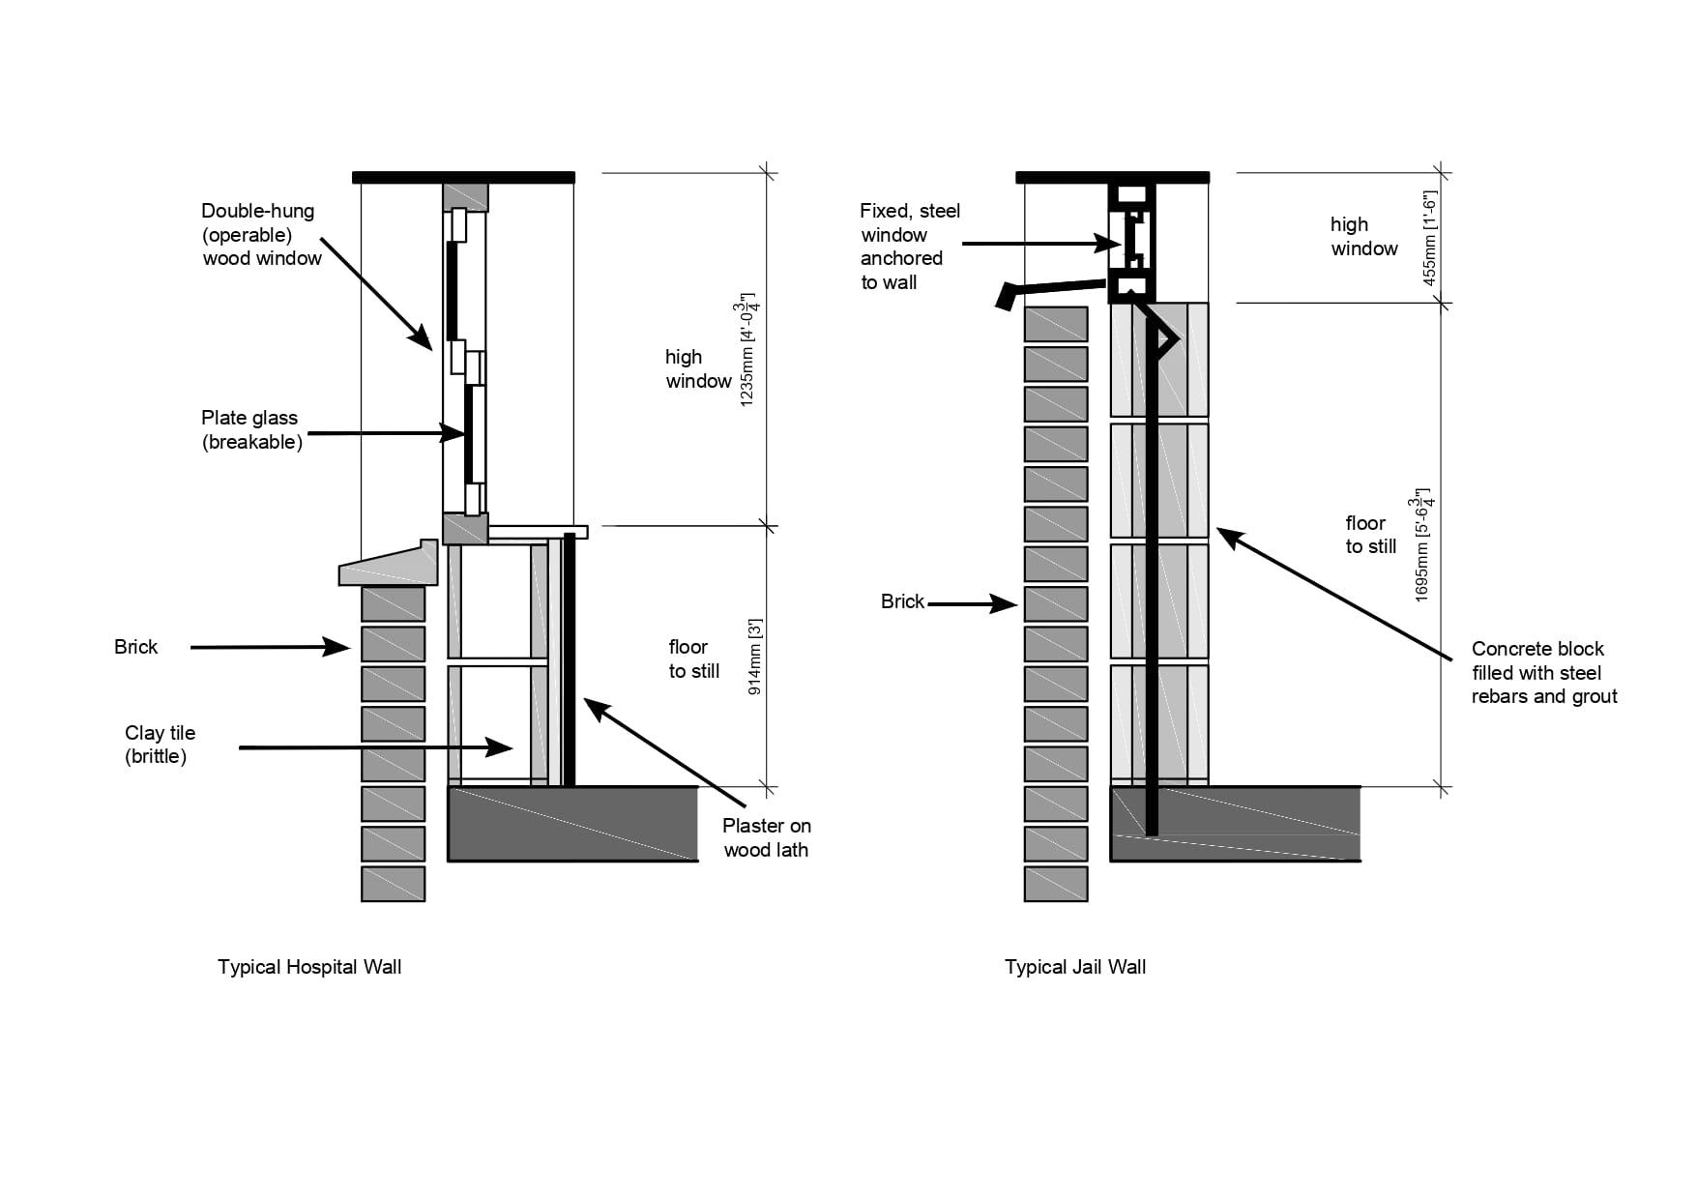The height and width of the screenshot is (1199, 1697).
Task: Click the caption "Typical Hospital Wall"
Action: [308, 967]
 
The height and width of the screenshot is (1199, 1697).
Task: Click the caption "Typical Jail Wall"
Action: [1074, 967]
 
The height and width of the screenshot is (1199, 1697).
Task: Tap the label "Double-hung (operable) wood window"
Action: [260, 235]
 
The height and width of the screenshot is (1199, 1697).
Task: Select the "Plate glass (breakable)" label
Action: [250, 430]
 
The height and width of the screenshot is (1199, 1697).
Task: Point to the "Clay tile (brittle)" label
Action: [160, 745]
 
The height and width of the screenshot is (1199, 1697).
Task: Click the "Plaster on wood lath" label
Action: [766, 837]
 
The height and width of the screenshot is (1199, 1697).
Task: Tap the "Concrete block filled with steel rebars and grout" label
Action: [1543, 672]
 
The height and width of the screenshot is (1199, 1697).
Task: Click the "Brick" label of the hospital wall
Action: [135, 647]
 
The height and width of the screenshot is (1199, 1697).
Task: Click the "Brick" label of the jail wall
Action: [902, 601]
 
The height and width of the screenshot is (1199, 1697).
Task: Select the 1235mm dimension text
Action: [747, 349]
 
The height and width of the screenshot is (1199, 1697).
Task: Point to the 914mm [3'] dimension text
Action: [756, 657]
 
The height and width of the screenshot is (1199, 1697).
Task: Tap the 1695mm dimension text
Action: [1422, 545]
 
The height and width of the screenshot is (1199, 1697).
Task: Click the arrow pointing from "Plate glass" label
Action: [387, 433]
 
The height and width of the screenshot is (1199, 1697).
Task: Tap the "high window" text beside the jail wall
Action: [1363, 236]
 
